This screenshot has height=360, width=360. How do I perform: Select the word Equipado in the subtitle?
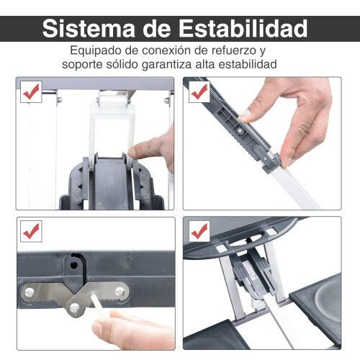click(96, 51)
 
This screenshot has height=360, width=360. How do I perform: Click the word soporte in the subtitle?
click(105, 65)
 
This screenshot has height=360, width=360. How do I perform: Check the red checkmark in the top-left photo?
click(31, 91)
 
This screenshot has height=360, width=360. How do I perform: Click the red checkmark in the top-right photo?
click(199, 91)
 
